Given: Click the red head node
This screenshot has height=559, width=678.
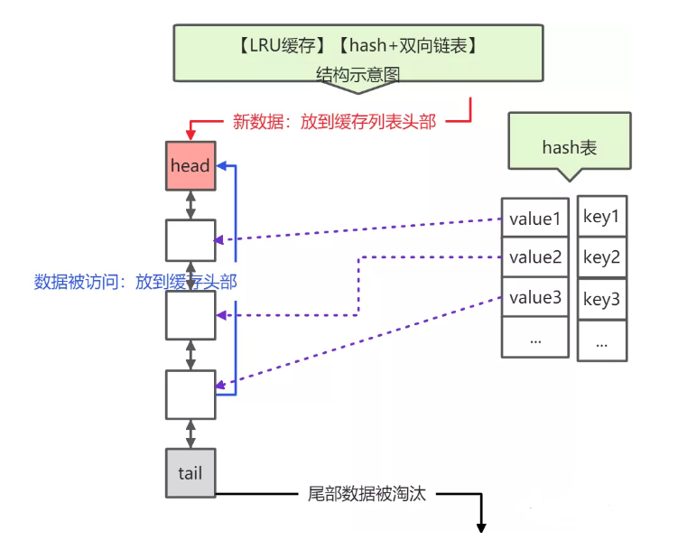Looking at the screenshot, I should [190, 165].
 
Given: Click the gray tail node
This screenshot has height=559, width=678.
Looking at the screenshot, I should [190, 472].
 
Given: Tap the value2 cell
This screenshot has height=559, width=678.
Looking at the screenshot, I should [535, 258].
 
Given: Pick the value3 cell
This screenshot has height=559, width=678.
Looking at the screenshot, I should [535, 297].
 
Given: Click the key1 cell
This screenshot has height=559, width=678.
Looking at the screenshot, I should [602, 217].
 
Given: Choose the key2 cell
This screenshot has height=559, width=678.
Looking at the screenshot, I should [602, 258].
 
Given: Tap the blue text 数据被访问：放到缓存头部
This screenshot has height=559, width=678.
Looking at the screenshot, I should [135, 282].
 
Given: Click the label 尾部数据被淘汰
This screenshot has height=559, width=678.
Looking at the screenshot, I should [366, 494].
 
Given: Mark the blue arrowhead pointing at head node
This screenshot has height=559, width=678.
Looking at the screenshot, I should [224, 166].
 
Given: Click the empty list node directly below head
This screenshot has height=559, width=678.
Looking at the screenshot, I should [190, 240].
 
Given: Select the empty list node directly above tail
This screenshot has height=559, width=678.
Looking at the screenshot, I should [190, 395].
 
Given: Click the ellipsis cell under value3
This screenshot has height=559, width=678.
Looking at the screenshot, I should [535, 338].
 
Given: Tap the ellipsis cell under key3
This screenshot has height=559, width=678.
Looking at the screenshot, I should [602, 341].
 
